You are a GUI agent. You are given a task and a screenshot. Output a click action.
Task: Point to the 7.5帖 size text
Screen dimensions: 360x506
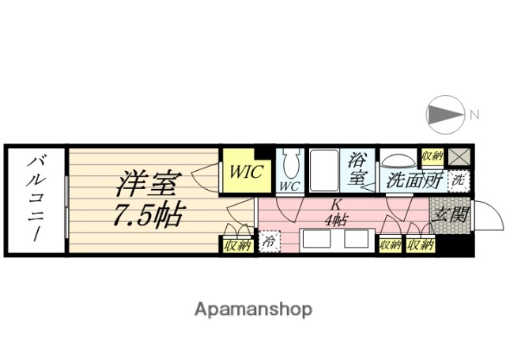(x=150, y=214)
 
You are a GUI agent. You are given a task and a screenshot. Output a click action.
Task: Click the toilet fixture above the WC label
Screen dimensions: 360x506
(x=289, y=165)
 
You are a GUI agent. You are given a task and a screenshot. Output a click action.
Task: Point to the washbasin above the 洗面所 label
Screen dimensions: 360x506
(x=399, y=159)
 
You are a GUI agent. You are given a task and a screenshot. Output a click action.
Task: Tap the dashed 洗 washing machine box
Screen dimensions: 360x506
(x=458, y=180)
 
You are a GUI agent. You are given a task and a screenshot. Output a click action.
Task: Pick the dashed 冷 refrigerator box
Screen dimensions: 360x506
(x=268, y=240)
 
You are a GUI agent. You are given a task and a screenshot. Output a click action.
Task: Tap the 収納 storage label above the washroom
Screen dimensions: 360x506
(x=432, y=155)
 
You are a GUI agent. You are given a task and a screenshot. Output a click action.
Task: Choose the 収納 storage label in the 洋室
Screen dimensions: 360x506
(x=236, y=245)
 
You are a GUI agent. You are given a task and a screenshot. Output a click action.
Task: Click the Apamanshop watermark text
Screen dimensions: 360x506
(x=253, y=308)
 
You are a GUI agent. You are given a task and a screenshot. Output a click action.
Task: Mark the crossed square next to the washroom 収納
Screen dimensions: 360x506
(x=459, y=156)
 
